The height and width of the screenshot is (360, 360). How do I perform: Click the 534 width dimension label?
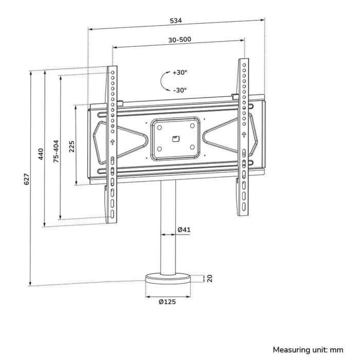coord(176,21)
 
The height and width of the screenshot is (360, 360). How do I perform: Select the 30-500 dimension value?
coord(179,40)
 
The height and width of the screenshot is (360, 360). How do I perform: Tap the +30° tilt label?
coord(180,73)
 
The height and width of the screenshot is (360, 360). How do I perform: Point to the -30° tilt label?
coord(180,90)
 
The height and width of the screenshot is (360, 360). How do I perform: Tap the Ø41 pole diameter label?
coord(185,229)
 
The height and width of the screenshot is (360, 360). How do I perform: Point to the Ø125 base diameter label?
coord(168,302)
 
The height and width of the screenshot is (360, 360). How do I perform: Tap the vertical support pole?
coord(168,226)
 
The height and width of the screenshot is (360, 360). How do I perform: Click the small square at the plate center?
coord(175,138)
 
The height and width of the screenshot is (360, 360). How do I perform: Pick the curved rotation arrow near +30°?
coord(164,81)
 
